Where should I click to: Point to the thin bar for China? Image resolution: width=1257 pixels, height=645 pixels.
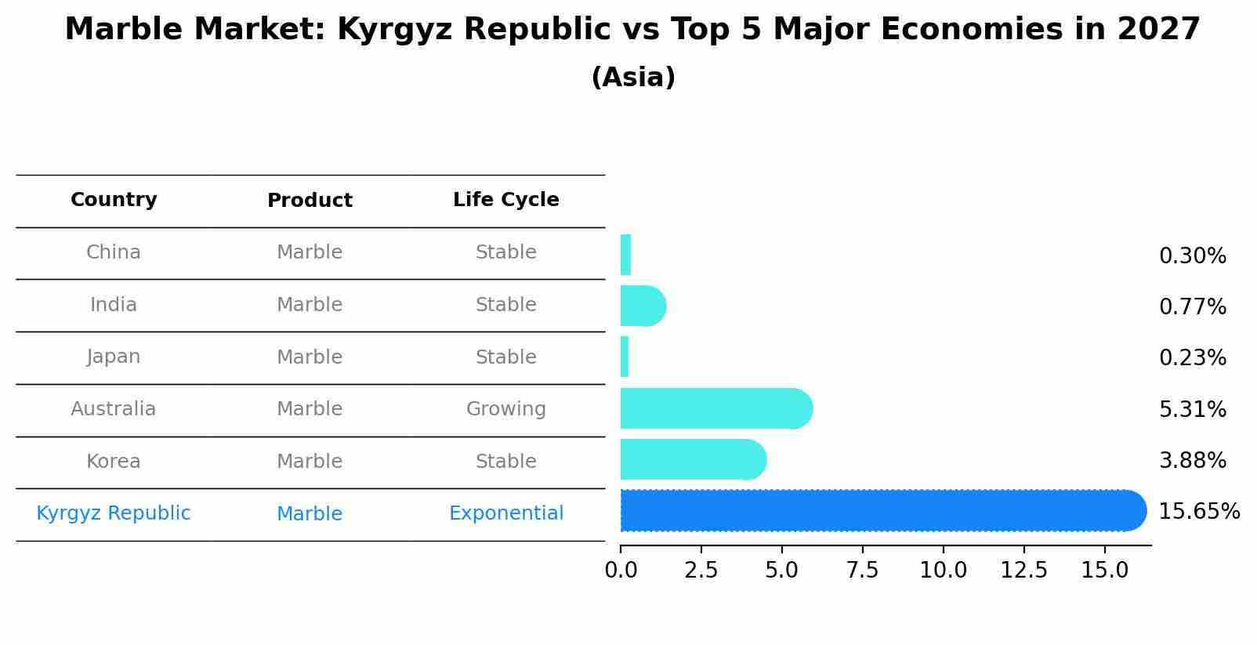pos(625,255)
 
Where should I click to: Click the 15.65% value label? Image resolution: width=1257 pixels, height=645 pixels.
pos(1198,512)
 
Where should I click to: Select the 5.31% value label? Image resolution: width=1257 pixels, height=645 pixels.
pos(1192,409)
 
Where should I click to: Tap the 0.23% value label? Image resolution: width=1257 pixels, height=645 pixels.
pos(1192,358)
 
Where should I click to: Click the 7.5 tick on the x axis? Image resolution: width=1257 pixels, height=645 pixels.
pos(862,571)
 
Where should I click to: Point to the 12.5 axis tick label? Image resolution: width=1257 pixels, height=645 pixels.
pos(1023,571)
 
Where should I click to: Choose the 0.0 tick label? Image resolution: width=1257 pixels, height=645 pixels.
pos(621,571)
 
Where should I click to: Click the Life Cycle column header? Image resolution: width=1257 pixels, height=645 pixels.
pos(505,200)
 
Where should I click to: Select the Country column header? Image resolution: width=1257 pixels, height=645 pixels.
pos(114,200)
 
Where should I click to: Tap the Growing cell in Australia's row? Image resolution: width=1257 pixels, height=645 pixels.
pos(505,409)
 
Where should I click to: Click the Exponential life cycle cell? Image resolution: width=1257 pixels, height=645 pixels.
pos(505,513)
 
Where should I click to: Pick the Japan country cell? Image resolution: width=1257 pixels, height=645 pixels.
pos(114,357)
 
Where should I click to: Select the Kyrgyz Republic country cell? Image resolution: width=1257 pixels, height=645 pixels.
pos(114,513)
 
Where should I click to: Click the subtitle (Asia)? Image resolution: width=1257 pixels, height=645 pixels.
pos(632,78)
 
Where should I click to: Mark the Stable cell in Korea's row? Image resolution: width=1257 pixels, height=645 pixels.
pos(505,462)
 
